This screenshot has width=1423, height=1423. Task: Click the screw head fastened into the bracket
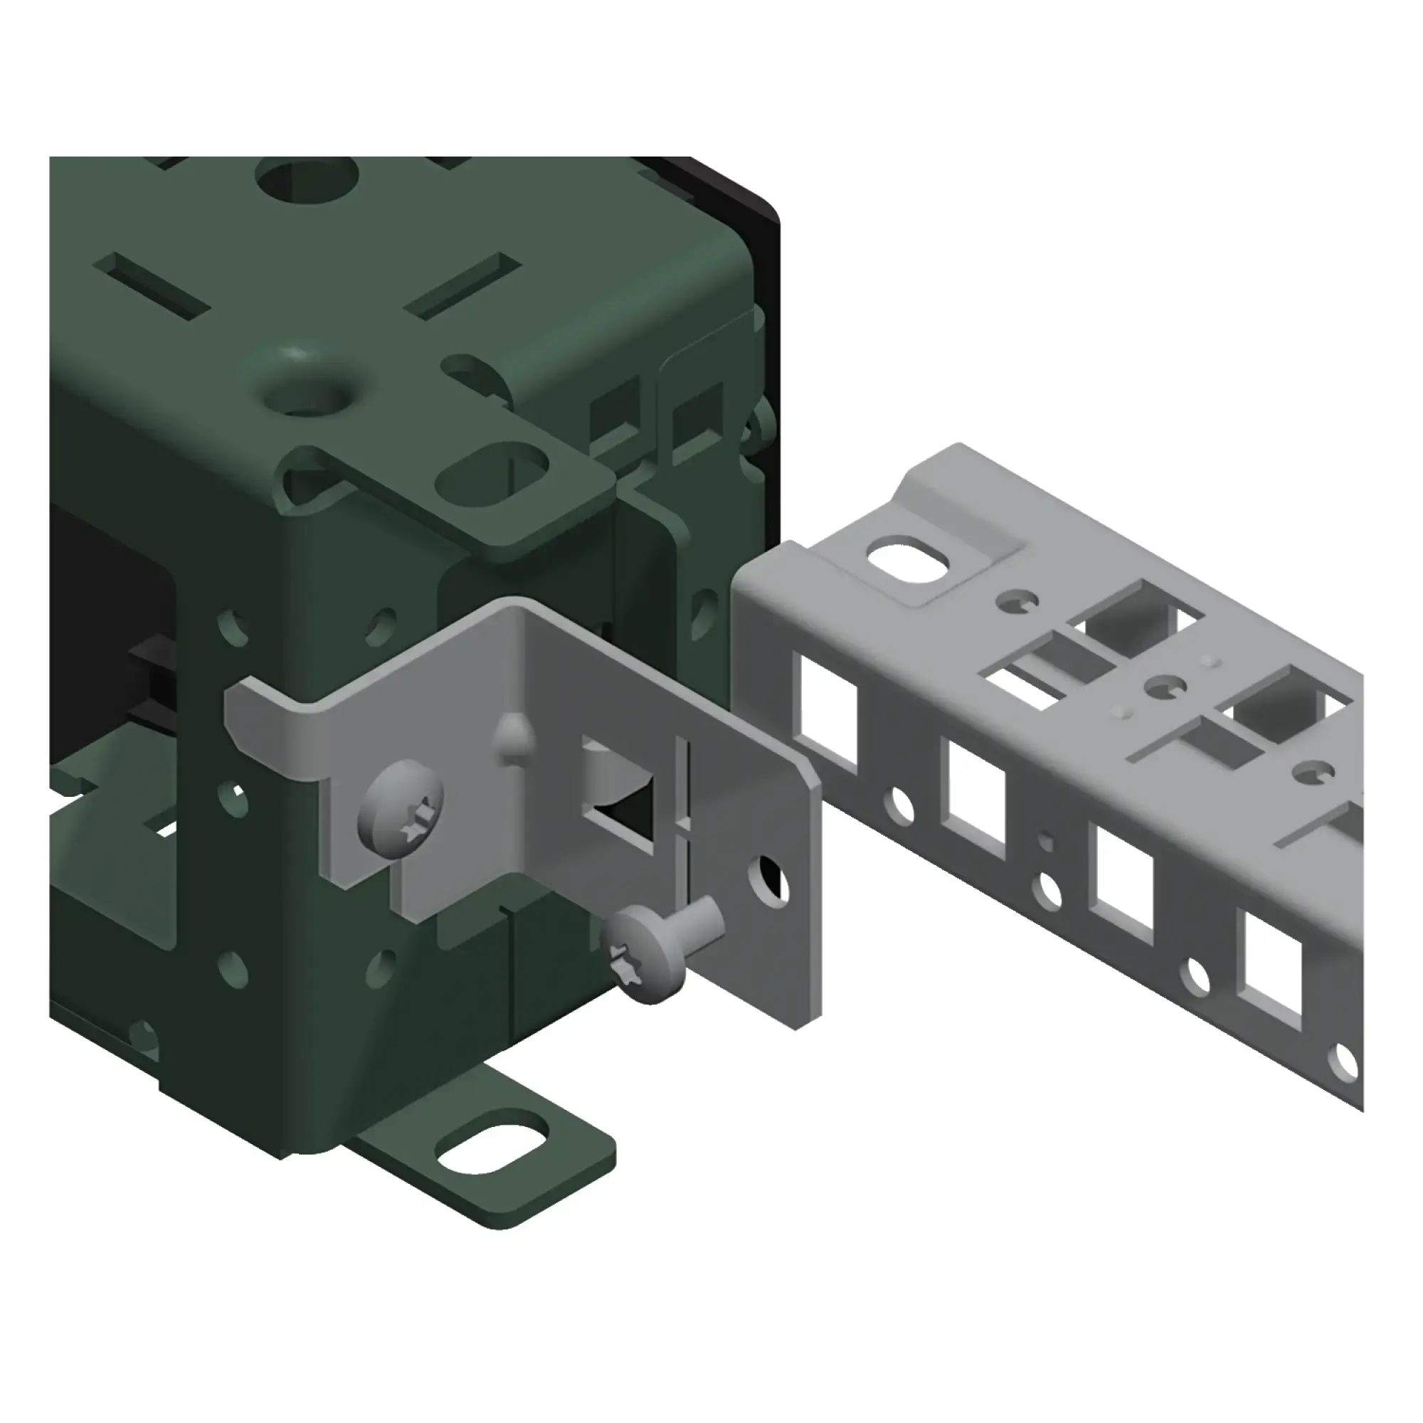point(401,808)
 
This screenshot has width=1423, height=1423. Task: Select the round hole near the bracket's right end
point(768,880)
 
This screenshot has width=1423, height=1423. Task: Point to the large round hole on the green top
point(308,176)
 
